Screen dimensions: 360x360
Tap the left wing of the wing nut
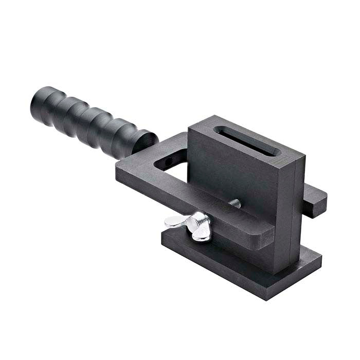click(174, 222)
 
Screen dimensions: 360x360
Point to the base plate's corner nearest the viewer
click(267, 297)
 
